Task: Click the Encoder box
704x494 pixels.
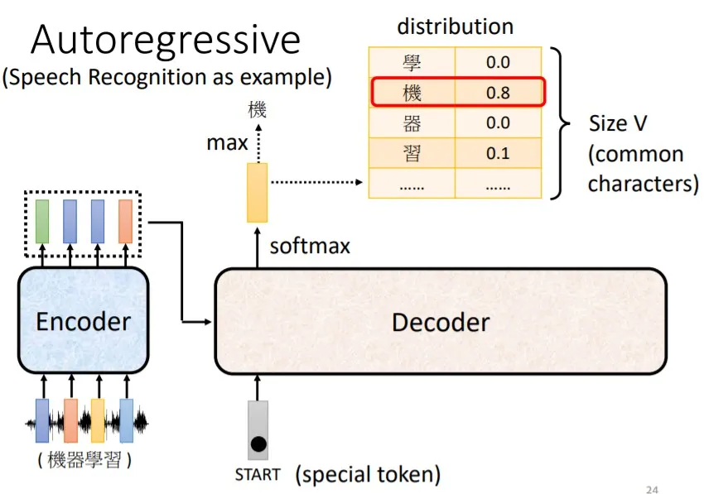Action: [x=83, y=321]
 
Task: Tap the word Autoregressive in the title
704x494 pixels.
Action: [x=166, y=40]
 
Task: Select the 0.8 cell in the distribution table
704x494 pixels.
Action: [x=498, y=93]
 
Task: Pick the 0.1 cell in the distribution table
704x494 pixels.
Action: [x=498, y=154]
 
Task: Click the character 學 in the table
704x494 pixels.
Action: [x=412, y=62]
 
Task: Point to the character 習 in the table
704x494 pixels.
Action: [x=412, y=154]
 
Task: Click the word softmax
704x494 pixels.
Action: [x=310, y=246]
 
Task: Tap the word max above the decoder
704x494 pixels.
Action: [x=227, y=143]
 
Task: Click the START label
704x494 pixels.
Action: [x=258, y=475]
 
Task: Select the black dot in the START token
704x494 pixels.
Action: [x=258, y=444]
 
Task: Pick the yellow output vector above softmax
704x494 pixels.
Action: [x=258, y=193]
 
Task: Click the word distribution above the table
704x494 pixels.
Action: [x=455, y=26]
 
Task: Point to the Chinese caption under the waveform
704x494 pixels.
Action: [x=84, y=459]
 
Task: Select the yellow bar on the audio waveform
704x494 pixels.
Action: [x=98, y=421]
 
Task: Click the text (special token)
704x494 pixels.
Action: [x=368, y=475]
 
